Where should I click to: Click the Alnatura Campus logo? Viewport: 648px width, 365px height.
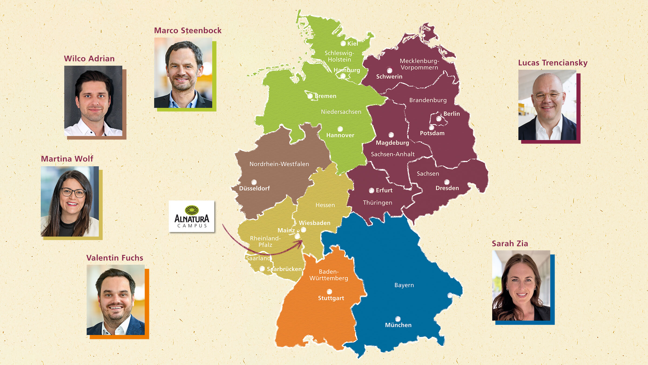191,216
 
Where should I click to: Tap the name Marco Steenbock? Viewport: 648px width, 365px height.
188,31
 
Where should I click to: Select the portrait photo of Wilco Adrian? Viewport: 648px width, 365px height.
93,101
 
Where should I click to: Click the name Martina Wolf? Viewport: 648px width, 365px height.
67,159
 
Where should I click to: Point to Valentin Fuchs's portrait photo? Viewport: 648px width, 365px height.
116,300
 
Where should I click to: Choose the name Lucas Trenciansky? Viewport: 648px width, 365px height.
553,63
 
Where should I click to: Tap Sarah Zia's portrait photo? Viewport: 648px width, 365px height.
521,286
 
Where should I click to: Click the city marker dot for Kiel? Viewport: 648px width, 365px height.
343,44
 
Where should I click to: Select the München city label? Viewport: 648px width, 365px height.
398,325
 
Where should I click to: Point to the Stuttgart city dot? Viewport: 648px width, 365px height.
329,291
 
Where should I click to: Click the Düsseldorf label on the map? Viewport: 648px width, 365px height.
254,188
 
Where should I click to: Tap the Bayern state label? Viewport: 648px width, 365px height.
404,285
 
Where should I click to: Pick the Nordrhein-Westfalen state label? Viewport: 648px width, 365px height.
279,164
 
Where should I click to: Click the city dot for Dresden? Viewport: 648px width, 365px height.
447,182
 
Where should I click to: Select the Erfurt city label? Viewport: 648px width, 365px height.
384,190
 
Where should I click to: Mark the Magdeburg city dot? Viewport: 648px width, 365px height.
391,135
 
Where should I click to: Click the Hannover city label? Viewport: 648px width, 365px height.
340,135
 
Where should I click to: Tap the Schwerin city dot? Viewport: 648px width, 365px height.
389,71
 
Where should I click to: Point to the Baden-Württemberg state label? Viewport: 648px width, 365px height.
329,275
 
